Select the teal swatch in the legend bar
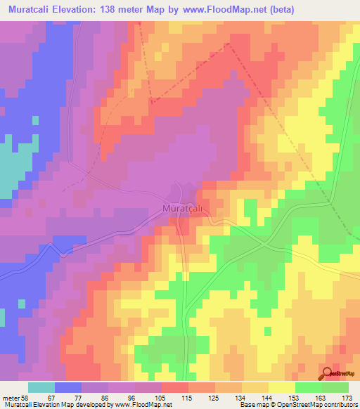(x=41, y=387)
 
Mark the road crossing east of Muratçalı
(x=266, y=243)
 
